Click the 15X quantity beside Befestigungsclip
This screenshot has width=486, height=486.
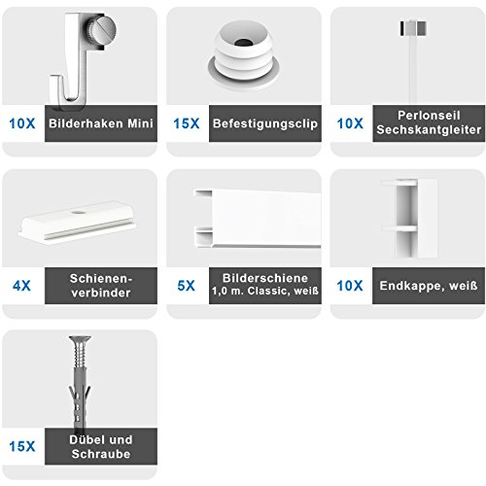(x=187, y=124)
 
